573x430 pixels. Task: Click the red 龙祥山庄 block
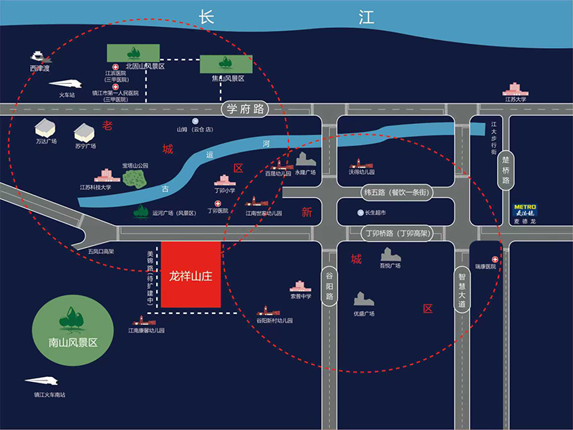click(x=191, y=275)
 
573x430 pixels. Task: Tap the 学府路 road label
click(x=243, y=109)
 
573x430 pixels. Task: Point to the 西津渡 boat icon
click(x=38, y=57)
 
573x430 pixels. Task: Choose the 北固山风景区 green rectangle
click(x=133, y=52)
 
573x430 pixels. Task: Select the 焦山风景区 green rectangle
click(x=226, y=64)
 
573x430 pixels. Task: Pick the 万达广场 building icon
click(x=45, y=128)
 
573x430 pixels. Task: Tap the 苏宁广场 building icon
click(x=85, y=133)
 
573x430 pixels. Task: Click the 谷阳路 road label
click(x=329, y=285)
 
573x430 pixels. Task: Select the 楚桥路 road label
click(x=506, y=171)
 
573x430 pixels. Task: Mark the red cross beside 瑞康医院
click(x=494, y=258)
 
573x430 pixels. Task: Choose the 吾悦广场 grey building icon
click(x=390, y=254)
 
